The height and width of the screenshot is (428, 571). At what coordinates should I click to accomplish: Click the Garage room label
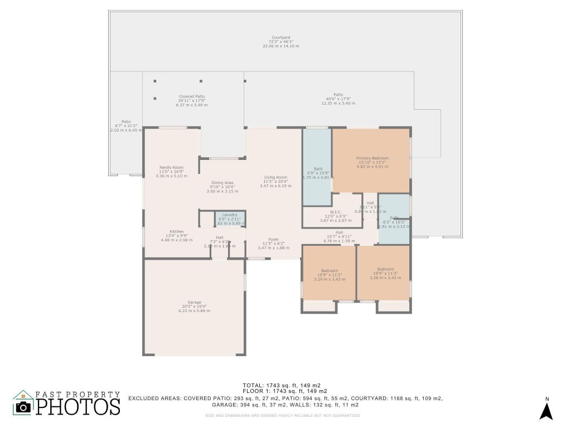point(194,302)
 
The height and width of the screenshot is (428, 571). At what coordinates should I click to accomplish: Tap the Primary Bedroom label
point(372,158)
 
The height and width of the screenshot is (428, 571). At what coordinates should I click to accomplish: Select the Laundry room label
point(230,215)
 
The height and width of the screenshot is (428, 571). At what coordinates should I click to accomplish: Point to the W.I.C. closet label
point(335,212)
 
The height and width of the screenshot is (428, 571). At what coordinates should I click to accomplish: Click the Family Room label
point(171,167)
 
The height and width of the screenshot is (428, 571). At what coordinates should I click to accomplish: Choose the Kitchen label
point(176,231)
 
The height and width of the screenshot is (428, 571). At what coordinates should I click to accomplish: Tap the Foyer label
point(273,239)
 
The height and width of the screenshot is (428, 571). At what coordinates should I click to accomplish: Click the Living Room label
point(275,177)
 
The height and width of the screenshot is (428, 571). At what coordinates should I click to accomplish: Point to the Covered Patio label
point(191,96)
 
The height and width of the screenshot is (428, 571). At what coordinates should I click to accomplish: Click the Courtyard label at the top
point(280,37)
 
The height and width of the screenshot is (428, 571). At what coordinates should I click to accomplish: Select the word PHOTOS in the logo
point(78,406)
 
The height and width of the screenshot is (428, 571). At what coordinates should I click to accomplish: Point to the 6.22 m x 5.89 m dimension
point(194,311)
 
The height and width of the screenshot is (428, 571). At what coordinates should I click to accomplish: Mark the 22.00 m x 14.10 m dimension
point(280,46)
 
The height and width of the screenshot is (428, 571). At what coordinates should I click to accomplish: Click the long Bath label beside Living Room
point(318,169)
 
